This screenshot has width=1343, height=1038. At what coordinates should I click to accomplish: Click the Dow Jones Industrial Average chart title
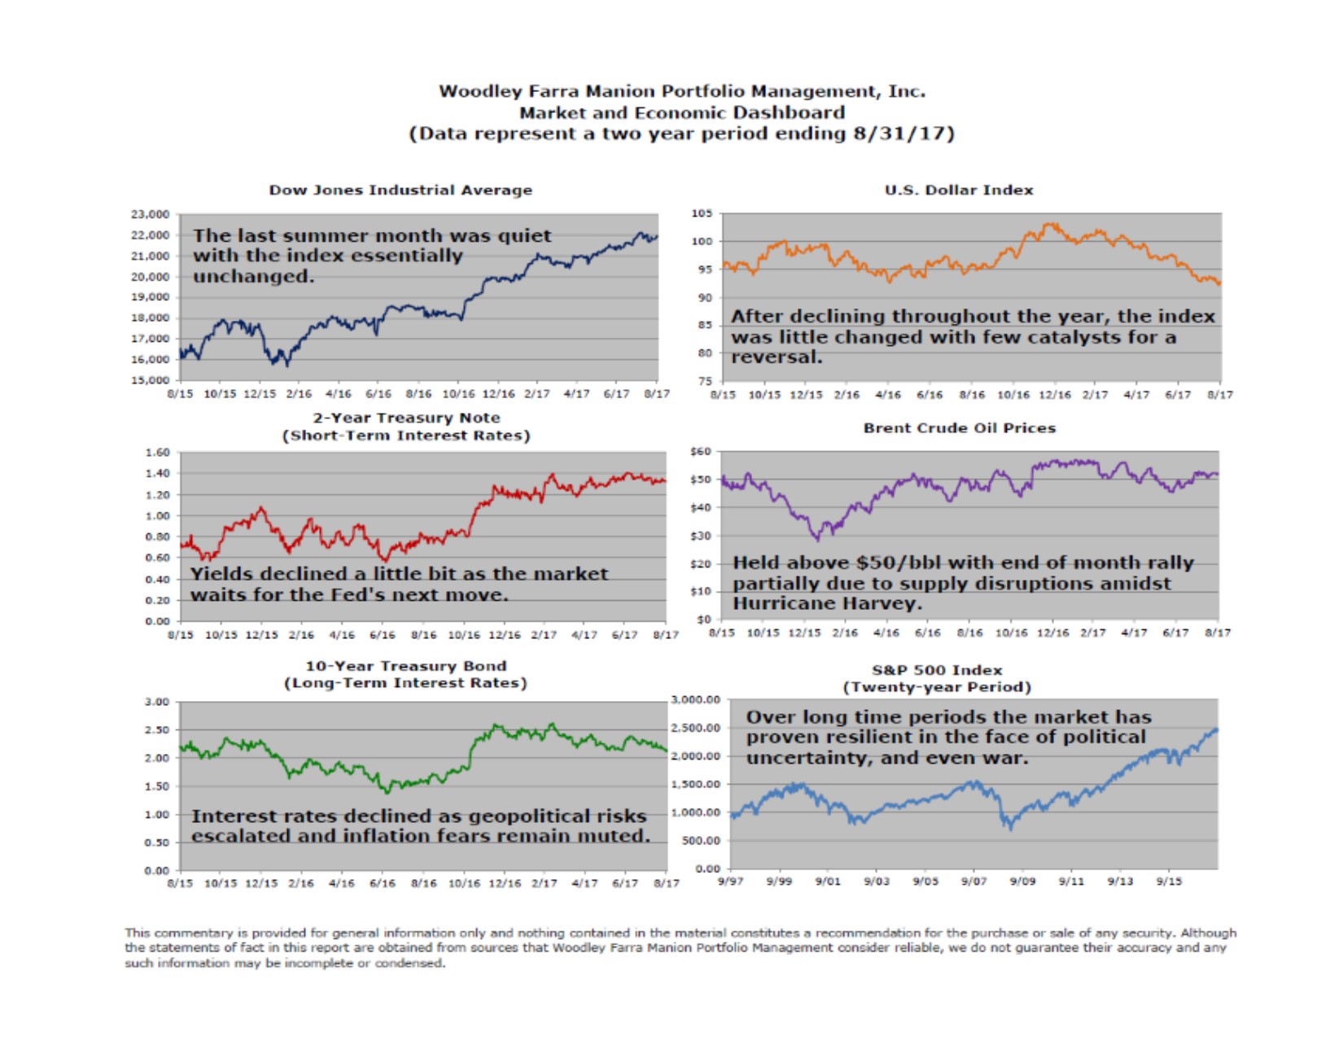[x=400, y=190]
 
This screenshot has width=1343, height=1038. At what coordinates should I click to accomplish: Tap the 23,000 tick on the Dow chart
[x=150, y=214]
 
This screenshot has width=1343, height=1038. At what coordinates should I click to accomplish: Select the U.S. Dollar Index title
[x=959, y=190]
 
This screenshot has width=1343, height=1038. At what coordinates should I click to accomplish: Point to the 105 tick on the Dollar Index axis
[x=702, y=213]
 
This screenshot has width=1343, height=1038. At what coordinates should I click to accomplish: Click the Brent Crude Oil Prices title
[x=960, y=428]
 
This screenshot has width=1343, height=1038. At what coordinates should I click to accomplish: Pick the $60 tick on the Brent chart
[x=701, y=451]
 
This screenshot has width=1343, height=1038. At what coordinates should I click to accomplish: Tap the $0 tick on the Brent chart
[x=704, y=620]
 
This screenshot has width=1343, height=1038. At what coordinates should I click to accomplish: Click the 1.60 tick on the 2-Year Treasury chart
[x=158, y=452]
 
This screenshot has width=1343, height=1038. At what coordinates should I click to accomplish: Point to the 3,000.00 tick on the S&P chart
[x=697, y=700]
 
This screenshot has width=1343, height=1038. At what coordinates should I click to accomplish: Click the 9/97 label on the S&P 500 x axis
[x=731, y=882]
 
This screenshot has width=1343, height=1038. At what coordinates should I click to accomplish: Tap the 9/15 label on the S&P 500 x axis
[x=1170, y=882]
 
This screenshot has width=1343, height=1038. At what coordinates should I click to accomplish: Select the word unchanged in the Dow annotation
[x=252, y=277]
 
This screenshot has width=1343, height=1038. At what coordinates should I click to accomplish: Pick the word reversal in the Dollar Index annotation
[x=776, y=357]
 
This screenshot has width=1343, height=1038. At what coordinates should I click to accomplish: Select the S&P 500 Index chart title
[x=937, y=670]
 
